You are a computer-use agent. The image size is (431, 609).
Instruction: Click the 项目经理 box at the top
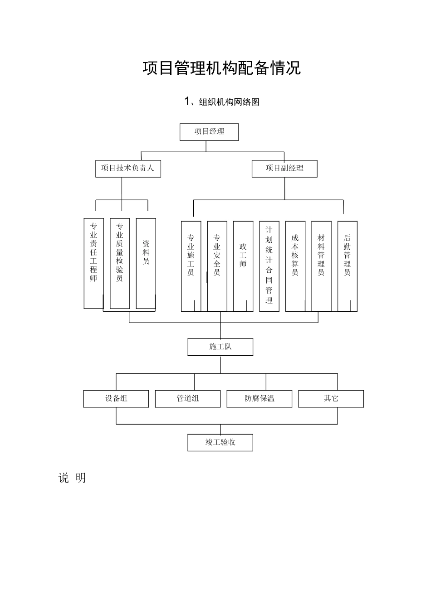pyautogui.click(x=209, y=132)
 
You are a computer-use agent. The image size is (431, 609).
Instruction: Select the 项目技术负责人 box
pyautogui.click(x=128, y=168)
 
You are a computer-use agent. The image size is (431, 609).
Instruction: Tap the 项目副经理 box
pyautogui.click(x=284, y=168)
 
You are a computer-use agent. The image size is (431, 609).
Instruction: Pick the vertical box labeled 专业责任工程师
pyautogui.click(x=93, y=263)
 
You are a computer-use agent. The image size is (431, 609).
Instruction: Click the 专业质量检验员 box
pyautogui.click(x=120, y=263)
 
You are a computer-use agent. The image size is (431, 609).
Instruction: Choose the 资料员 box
pyautogui.click(x=146, y=263)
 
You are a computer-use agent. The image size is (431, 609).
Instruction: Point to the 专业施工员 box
pyautogui.click(x=191, y=266)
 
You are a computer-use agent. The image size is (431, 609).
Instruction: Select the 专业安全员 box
pyautogui.click(x=217, y=266)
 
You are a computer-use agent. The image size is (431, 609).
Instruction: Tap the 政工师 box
pyautogui.click(x=243, y=266)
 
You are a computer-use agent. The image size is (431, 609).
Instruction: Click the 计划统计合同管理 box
pyautogui.click(x=269, y=266)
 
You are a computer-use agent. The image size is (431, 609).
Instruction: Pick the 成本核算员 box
pyautogui.click(x=295, y=266)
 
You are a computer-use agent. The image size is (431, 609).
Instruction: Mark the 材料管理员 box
pyautogui.click(x=321, y=266)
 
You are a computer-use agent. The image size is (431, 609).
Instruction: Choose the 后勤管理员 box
pyautogui.click(x=348, y=266)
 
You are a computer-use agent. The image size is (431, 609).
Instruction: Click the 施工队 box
pyautogui.click(x=220, y=347)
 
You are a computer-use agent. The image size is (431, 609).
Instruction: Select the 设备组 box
pyautogui.click(x=116, y=399)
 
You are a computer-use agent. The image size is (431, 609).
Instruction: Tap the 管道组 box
pyautogui.click(x=188, y=399)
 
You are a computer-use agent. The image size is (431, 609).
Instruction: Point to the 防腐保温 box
pyautogui.click(x=260, y=399)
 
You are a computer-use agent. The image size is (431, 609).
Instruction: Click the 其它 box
pyautogui.click(x=331, y=399)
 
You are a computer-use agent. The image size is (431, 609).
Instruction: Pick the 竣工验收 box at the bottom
pyautogui.click(x=220, y=443)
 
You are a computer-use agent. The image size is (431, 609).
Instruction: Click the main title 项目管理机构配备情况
pyautogui.click(x=222, y=68)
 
